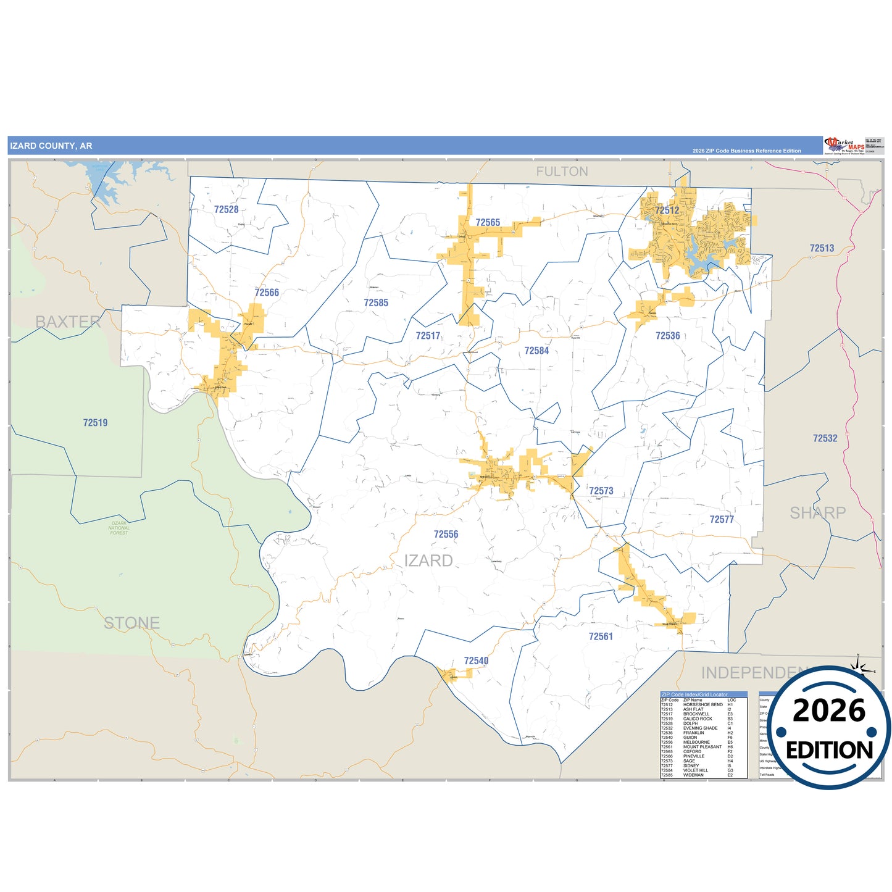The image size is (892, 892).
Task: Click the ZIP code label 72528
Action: click(226, 209)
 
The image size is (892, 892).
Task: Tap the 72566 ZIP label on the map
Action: click(267, 293)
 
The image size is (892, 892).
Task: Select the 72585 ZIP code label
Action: click(376, 302)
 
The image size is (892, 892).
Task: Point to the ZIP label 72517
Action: click(428, 336)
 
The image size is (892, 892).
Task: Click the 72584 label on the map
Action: click(536, 351)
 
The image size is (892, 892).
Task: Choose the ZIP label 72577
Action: click(722, 520)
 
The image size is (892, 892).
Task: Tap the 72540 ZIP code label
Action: click(476, 661)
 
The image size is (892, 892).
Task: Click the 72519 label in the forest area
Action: click(95, 423)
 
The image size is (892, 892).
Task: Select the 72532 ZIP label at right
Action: click(825, 438)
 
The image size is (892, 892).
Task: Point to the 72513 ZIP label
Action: click(822, 248)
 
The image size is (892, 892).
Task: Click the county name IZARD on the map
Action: click(428, 561)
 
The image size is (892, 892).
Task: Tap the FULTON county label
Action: click(562, 172)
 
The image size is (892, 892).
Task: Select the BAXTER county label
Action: click(68, 322)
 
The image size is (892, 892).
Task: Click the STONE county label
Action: click(131, 623)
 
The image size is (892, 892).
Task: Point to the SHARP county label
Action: click(817, 512)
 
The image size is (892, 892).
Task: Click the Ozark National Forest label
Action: click(119, 528)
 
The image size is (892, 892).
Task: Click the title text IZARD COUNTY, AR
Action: click(51, 146)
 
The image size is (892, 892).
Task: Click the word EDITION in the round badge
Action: click(829, 750)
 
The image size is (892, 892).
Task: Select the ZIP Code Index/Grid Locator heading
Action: click(694, 694)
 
